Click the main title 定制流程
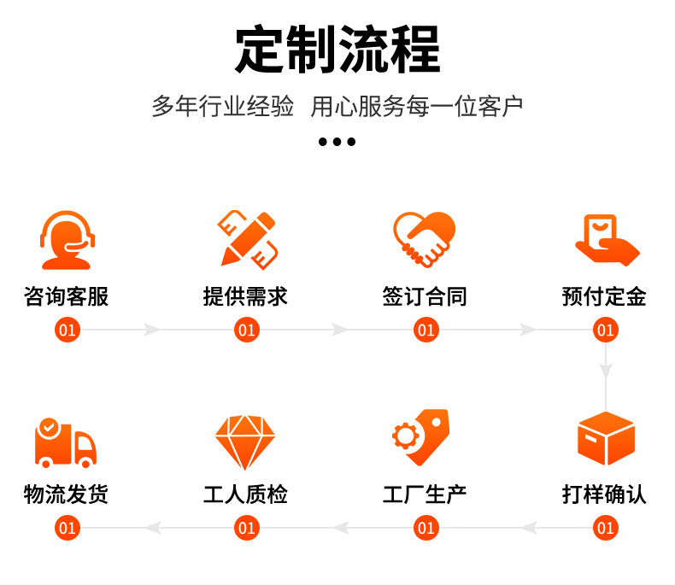click(337, 49)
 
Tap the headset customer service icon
click(67, 240)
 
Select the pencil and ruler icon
click(248, 240)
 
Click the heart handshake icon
click(425, 239)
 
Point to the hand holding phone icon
click(607, 240)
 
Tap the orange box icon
click(606, 438)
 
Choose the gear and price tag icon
click(421, 437)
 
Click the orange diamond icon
click(245, 442)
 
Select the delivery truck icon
click(65, 443)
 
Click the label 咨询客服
click(67, 296)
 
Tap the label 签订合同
click(425, 296)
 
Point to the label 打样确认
click(604, 494)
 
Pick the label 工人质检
click(245, 494)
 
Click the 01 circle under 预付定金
click(606, 330)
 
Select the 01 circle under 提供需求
click(247, 330)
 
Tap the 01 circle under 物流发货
click(67, 528)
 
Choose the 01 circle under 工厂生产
click(426, 528)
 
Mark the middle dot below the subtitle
click(337, 142)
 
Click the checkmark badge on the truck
click(49, 428)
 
